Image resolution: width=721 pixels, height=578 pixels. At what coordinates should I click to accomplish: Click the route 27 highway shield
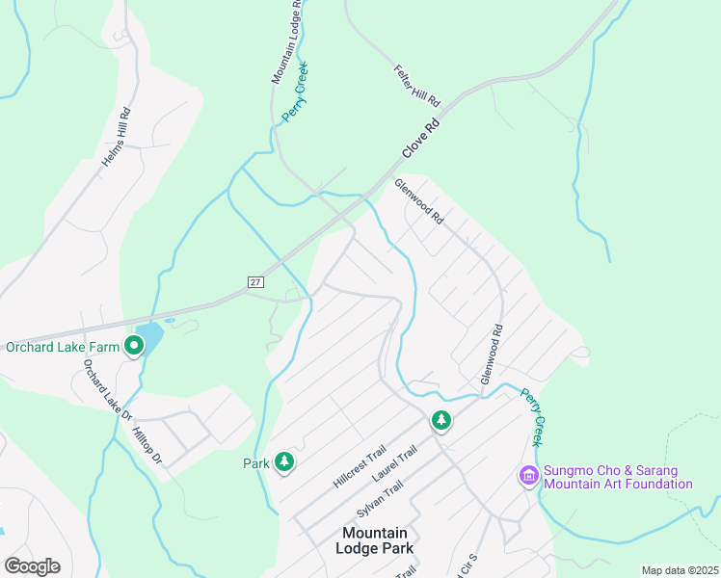[x=254, y=281]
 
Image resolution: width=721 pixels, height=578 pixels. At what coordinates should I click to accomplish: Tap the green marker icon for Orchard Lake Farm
[x=134, y=347]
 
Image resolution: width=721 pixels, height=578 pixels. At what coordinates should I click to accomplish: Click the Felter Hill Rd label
[x=416, y=86]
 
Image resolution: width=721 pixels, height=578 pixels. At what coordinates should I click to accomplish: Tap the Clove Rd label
[x=420, y=139]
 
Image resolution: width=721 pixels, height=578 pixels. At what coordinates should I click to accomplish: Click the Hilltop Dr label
[x=149, y=448]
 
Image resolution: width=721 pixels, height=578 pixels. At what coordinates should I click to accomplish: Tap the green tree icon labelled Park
[x=283, y=463]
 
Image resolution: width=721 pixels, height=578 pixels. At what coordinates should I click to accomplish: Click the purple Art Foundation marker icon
[x=528, y=476]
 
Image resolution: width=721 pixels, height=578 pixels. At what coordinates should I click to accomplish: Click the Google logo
[x=32, y=566]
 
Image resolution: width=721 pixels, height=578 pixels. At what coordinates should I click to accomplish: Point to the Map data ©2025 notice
[x=680, y=570]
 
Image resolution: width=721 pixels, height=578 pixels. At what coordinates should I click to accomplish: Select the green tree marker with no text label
[x=441, y=420]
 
